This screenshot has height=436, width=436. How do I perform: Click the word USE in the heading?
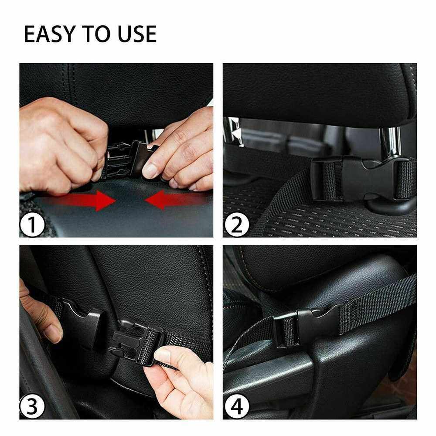pos(137,34)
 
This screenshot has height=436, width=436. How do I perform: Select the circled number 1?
pos(32,224)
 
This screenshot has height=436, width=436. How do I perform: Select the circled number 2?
pos(236,224)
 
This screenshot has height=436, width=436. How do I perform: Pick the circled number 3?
pos(32,406)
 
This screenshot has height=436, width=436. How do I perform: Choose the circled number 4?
pos(236,406)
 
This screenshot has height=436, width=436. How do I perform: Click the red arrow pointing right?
pos(81,201)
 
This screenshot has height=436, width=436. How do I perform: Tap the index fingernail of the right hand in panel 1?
pos(150,171)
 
